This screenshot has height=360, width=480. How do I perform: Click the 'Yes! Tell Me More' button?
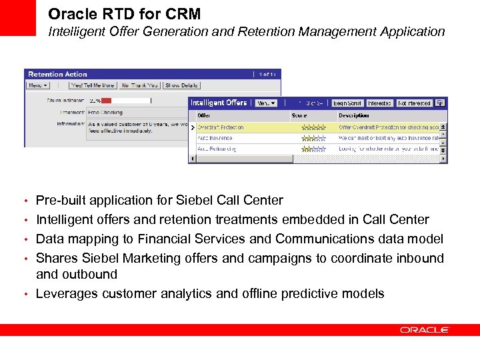point(93,85)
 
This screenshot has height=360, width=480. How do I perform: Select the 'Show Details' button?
point(181,85)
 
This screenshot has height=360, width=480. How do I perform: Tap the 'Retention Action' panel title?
point(57,74)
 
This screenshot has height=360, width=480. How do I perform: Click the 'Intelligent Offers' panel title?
point(218,103)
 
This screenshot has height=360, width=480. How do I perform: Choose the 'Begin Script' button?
point(347,103)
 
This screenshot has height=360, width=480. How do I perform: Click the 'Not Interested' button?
point(414,103)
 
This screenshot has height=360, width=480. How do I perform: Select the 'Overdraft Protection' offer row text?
point(220,127)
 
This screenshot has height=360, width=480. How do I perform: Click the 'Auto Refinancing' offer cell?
point(216,149)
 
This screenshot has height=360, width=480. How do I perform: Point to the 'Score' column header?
point(299,115)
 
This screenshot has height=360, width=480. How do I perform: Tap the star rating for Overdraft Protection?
point(313,127)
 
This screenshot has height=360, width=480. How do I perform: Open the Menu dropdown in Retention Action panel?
point(37,85)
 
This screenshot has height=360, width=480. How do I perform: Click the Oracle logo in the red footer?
point(425,330)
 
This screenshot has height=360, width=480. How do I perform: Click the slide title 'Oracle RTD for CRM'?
point(124,14)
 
